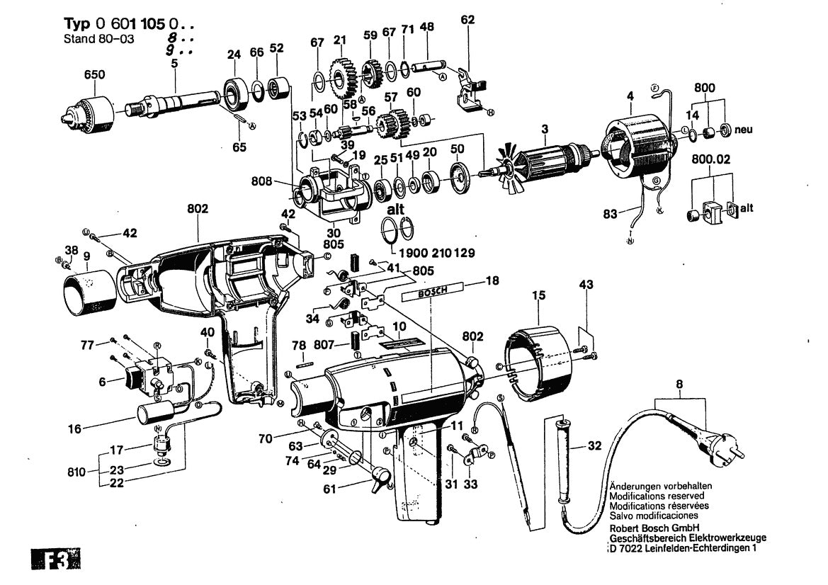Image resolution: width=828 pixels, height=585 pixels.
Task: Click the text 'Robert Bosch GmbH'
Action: [654, 528]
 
